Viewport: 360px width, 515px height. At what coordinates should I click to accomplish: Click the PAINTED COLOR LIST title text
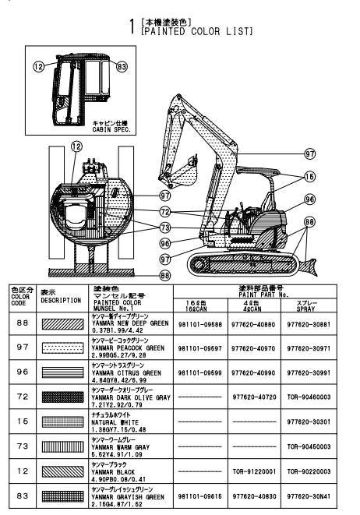(x=196, y=31)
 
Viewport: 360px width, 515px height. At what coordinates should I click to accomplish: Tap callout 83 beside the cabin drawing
(x=122, y=67)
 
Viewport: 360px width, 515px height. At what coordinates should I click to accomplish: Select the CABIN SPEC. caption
(x=111, y=129)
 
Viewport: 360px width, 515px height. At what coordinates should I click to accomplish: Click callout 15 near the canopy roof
(x=310, y=177)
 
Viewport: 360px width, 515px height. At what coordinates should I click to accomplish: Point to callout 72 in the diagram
(x=165, y=212)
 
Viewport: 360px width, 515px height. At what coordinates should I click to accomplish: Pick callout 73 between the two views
(x=165, y=228)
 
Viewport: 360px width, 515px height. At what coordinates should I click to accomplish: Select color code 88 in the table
(x=23, y=323)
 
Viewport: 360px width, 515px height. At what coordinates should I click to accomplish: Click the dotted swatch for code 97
(x=63, y=347)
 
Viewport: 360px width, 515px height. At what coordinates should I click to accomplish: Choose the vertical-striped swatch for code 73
(x=63, y=446)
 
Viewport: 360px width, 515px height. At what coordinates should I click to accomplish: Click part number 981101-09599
(x=200, y=372)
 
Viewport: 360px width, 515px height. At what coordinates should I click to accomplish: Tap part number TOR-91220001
(x=254, y=471)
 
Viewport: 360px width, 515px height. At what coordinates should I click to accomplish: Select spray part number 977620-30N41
(x=309, y=496)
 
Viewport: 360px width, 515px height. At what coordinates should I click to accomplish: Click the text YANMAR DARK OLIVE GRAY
(x=131, y=397)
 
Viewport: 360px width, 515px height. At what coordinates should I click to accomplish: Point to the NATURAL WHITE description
(x=115, y=422)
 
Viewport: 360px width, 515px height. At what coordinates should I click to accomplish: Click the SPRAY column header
(x=305, y=309)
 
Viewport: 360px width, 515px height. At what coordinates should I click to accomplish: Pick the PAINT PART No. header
(x=263, y=295)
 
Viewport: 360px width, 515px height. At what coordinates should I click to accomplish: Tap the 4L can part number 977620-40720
(x=254, y=397)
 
